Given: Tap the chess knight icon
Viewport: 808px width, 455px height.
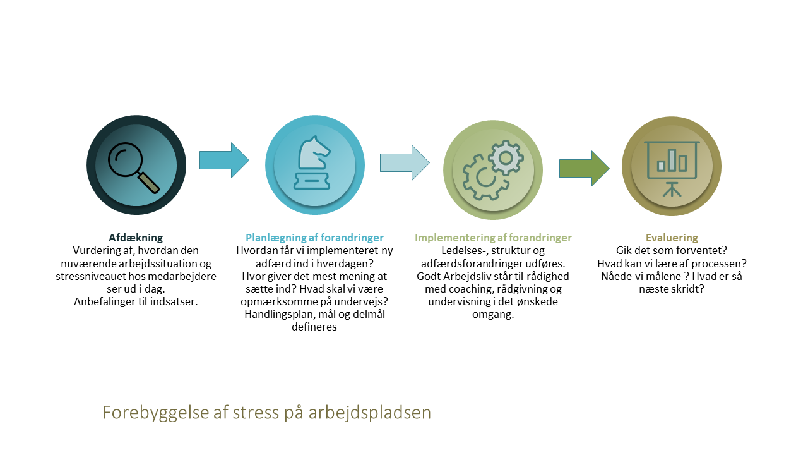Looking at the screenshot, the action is (312, 162).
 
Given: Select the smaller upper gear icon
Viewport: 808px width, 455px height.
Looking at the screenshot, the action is (506, 158).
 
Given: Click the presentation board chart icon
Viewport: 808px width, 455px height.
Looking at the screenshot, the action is (672, 169).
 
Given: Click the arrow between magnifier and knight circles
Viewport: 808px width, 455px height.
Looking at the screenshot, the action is (224, 160).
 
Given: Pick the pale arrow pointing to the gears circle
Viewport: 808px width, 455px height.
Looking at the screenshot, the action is (405, 162).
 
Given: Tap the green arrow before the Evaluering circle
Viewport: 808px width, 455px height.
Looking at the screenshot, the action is (585, 168).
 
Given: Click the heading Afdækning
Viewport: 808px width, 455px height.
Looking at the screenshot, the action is (136, 238).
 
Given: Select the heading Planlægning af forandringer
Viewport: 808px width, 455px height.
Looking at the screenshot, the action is (314, 238).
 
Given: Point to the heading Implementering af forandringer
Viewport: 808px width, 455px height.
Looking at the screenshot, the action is (493, 238).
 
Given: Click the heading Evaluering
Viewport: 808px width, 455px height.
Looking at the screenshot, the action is (672, 238).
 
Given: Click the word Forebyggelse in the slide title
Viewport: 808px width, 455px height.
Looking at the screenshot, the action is (155, 413).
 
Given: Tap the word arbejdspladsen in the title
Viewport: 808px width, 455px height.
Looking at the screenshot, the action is (370, 413).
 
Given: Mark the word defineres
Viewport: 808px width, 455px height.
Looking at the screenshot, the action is (314, 327).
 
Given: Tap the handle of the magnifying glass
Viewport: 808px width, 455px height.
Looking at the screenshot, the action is (148, 183).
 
